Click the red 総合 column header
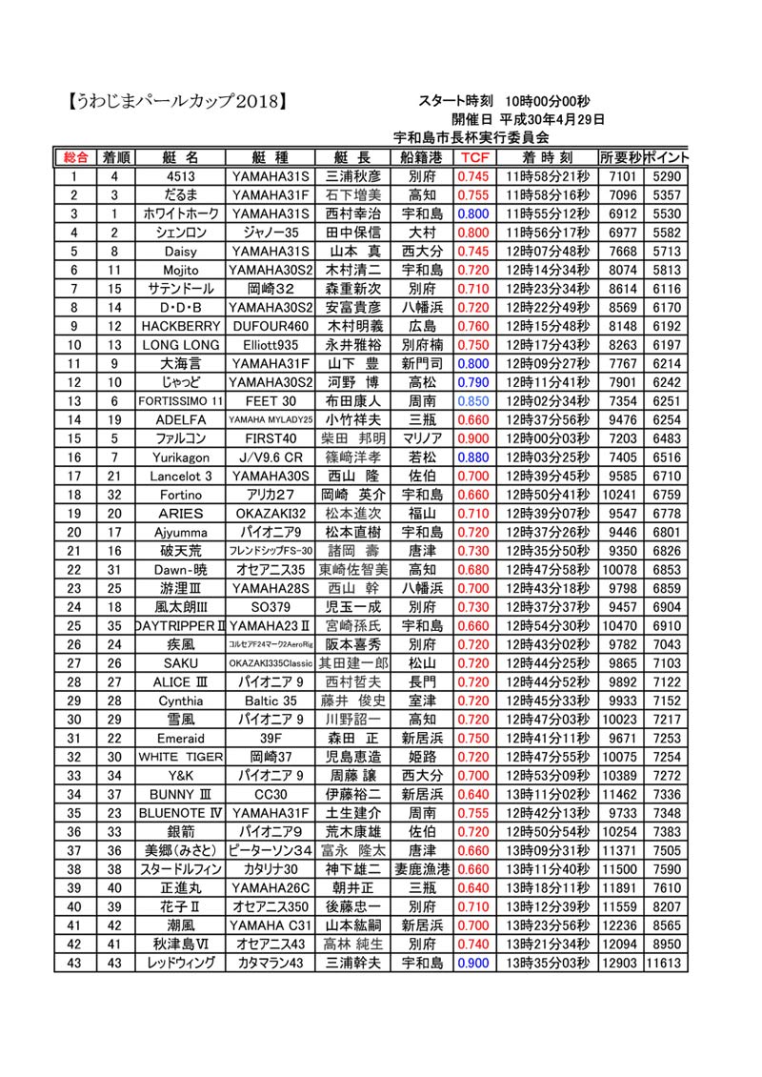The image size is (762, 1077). tap(75, 157)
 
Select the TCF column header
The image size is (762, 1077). tap(473, 157)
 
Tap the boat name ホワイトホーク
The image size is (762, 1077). tap(181, 213)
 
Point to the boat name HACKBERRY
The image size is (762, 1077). tap(181, 326)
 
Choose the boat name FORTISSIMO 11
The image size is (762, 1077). tap(181, 400)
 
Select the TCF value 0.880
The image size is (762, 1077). tap(473, 457)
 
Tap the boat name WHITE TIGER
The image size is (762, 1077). tap(181, 757)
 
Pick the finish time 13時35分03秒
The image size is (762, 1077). tap(548, 964)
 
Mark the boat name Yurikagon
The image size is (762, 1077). tap(181, 457)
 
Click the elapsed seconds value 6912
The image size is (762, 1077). tap(621, 213)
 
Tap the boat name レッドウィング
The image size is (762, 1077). tap(181, 964)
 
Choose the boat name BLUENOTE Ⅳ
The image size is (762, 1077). tap(181, 813)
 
